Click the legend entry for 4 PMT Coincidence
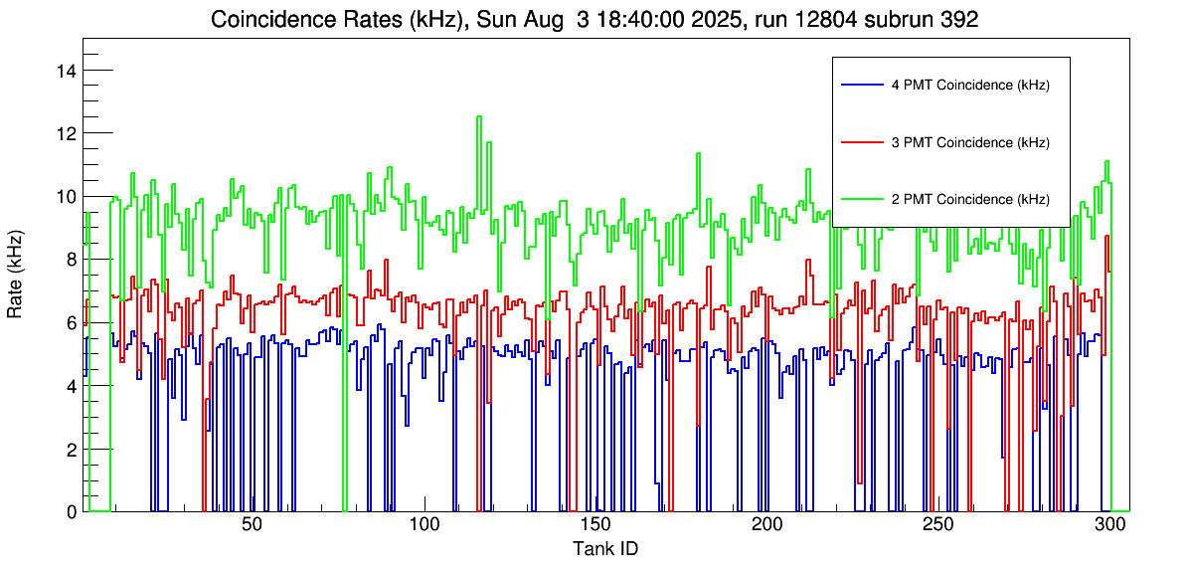click(x=970, y=86)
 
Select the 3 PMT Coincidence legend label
click(x=970, y=142)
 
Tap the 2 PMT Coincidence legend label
click(x=970, y=199)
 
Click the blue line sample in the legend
click(x=861, y=86)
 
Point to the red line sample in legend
click(x=861, y=142)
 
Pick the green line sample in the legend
click(x=861, y=199)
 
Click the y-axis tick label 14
click(x=67, y=71)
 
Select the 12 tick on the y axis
click(x=67, y=133)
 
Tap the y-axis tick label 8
click(x=71, y=260)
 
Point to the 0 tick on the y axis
click(x=71, y=512)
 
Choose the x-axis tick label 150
click(x=594, y=525)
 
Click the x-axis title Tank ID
click(x=605, y=548)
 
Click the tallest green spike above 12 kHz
click(x=479, y=117)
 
